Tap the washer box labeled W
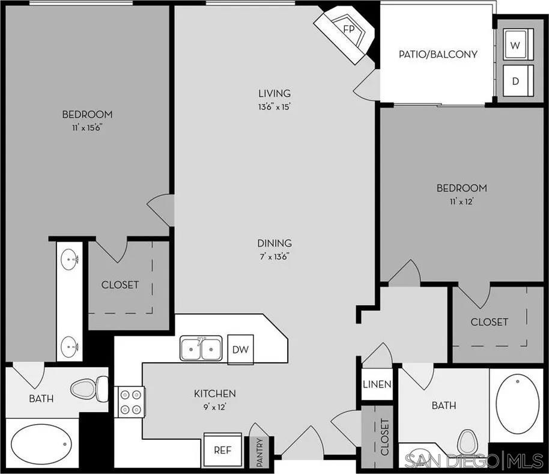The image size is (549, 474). [x=515, y=45]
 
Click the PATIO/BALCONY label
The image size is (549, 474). [x=438, y=54]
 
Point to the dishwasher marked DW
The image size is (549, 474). [x=240, y=349]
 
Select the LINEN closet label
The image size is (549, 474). [x=377, y=384]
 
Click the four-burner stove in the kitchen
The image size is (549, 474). [x=130, y=402]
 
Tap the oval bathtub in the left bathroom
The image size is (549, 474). [x=41, y=445]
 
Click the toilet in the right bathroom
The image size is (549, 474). [x=467, y=443]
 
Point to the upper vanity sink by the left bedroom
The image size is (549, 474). [x=70, y=261]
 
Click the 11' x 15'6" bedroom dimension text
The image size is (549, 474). [x=87, y=127]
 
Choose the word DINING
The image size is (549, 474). [x=274, y=243]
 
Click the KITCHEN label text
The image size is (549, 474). [x=214, y=393]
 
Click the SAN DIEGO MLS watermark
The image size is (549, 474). [x=475, y=461]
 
